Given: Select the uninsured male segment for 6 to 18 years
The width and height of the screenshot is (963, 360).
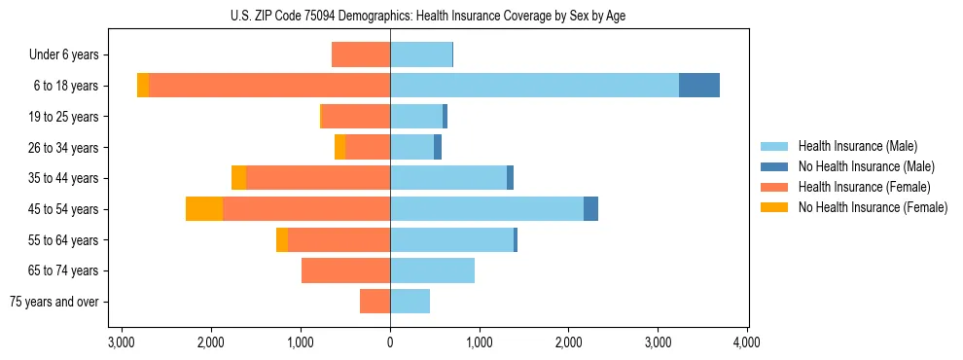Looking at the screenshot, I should tap(698, 86).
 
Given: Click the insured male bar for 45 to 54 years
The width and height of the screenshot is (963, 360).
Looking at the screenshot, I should tap(486, 209).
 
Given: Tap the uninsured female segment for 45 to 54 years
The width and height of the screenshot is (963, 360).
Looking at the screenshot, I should tap(204, 209).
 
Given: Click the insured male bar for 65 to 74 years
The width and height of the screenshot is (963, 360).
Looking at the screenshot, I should tap(432, 270).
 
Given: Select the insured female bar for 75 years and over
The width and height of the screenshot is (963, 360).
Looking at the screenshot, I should tap(374, 302).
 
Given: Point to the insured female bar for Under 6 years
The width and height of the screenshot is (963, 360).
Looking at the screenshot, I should tap(361, 54).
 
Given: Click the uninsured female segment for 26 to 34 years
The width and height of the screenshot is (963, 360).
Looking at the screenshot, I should tap(339, 147).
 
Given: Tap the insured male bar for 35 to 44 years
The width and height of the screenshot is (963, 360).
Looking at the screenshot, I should tap(448, 178).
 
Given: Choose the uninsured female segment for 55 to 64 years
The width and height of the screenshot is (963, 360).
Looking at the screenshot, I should tap(282, 240).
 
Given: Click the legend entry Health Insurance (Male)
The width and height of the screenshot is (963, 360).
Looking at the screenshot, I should tap(857, 146).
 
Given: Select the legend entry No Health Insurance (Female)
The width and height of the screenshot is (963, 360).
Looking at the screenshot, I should tap(873, 207).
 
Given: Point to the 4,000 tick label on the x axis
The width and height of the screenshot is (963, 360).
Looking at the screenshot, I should tap(746, 342).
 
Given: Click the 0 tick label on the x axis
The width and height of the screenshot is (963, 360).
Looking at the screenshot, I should tap(390, 342).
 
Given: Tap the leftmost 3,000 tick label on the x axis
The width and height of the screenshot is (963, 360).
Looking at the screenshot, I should tap(122, 342).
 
